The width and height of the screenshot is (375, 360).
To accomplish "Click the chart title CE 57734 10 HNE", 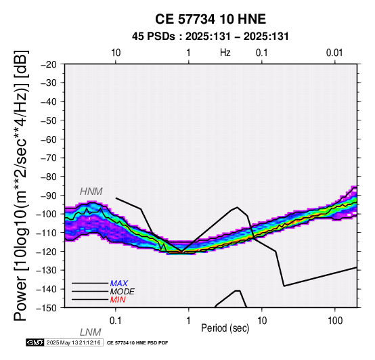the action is click(x=211, y=19).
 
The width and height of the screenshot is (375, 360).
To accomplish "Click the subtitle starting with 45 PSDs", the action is click(x=211, y=37).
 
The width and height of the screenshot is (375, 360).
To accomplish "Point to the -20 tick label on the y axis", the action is click(x=49, y=64).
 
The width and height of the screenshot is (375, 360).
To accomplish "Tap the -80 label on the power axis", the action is click(x=49, y=177).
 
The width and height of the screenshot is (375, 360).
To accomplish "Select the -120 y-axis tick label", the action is click(x=46, y=252).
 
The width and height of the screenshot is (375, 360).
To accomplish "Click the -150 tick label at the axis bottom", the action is click(x=46, y=308).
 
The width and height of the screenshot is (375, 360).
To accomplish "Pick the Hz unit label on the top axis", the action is click(x=225, y=53).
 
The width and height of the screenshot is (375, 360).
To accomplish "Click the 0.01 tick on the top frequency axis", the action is click(x=334, y=53).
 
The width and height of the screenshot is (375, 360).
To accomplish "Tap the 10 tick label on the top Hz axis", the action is click(x=116, y=53).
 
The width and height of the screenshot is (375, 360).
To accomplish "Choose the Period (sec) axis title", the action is click(x=225, y=328).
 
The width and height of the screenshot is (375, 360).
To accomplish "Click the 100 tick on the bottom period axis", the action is click(x=335, y=321).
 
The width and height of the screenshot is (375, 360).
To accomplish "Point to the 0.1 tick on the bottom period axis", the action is click(x=116, y=321).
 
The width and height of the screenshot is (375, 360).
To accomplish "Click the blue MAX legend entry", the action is click(x=119, y=284).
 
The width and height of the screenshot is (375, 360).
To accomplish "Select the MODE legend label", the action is click(x=123, y=292).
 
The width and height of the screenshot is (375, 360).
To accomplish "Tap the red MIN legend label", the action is click(x=118, y=300).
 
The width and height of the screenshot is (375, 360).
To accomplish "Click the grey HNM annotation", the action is click(x=91, y=192).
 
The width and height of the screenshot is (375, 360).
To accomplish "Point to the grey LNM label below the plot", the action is click(x=91, y=332).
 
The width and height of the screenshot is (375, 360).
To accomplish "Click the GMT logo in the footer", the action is click(x=35, y=342).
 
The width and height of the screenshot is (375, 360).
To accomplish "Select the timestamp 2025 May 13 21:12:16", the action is click(x=73, y=342).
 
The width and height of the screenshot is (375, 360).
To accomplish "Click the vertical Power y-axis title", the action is click(x=20, y=185).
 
